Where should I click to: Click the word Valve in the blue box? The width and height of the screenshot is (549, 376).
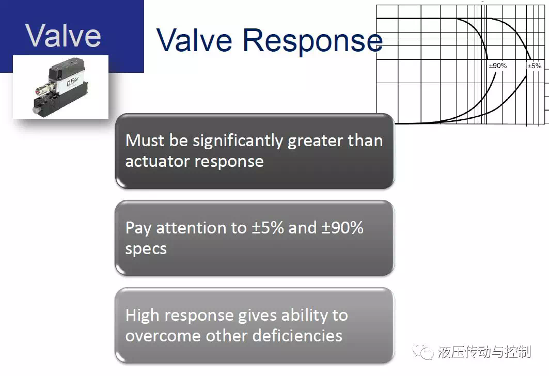63,35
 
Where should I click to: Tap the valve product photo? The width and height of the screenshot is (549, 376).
60,87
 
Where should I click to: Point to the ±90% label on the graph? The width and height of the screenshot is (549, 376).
497,66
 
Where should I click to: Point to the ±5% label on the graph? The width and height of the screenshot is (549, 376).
535,66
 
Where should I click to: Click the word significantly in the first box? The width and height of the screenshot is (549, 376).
238,142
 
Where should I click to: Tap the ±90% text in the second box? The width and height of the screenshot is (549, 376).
342,228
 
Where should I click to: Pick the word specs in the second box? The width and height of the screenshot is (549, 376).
146,249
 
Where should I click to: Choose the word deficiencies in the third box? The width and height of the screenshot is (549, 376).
297,335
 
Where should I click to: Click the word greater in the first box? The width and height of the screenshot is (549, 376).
316,142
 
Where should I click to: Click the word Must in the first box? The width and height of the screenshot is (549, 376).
145,140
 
